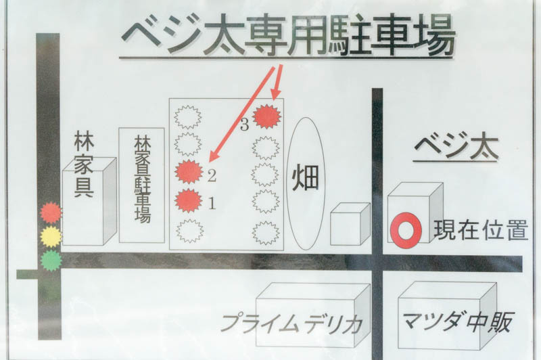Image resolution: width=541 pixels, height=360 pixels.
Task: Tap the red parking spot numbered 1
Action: tap(189, 200)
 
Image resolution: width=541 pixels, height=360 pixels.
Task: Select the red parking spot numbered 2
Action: tap(189, 172)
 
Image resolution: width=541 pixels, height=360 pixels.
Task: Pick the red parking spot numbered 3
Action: tap(266, 116)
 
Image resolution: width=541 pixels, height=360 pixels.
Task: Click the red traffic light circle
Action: tap(51, 213)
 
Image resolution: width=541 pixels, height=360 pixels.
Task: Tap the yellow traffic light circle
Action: tap(51, 237)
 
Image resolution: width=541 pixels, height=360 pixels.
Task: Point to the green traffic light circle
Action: tap(51, 261)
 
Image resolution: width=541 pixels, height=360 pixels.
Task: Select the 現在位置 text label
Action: tap(481, 229)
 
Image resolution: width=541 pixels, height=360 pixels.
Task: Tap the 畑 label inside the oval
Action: tap(306, 179)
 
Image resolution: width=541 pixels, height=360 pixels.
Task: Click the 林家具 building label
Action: tap(84, 165)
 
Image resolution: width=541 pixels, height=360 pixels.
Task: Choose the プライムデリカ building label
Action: tap(291, 323)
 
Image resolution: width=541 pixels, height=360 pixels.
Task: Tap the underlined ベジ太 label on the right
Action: tap(456, 148)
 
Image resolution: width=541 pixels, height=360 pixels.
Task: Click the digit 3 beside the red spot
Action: tap(244, 125)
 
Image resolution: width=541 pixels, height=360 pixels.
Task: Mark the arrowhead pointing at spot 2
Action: tap(214, 156)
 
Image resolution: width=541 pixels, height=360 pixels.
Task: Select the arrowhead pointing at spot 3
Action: tap(276, 94)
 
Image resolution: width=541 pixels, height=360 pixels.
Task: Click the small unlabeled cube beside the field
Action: tap(350, 224)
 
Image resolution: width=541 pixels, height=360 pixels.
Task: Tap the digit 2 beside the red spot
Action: tap(212, 176)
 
